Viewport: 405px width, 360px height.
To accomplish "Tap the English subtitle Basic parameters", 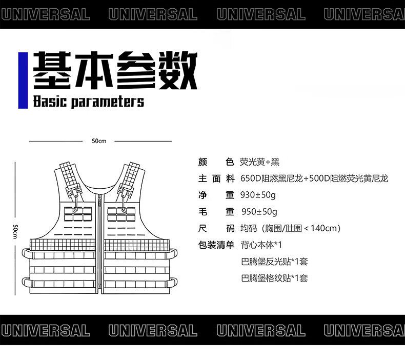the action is click(x=88, y=101).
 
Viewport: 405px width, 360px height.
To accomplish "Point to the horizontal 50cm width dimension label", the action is click(x=99, y=141).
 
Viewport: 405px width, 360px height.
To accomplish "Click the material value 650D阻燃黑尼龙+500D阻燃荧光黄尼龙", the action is click(x=314, y=179).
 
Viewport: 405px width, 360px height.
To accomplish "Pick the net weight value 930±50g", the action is click(x=258, y=195).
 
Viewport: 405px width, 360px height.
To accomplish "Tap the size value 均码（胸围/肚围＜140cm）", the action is click(x=290, y=229).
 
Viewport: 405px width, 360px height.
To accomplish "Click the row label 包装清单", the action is click(x=216, y=245).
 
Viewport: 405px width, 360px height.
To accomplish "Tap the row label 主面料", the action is click(x=216, y=179).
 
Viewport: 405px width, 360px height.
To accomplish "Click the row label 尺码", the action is click(x=216, y=229).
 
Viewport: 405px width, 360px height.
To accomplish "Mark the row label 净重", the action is click(x=216, y=195).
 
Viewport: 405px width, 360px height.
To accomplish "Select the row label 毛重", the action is click(x=216, y=212).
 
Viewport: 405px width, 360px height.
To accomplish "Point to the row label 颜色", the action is click(x=216, y=162).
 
